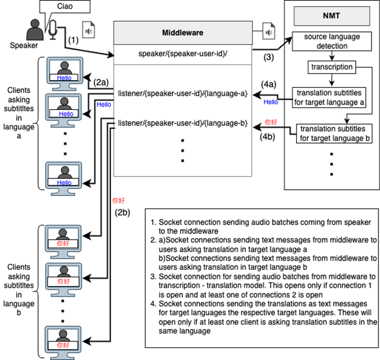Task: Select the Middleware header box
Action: pyautogui.click(x=183, y=33)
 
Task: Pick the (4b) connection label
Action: pyautogui.click(x=269, y=137)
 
